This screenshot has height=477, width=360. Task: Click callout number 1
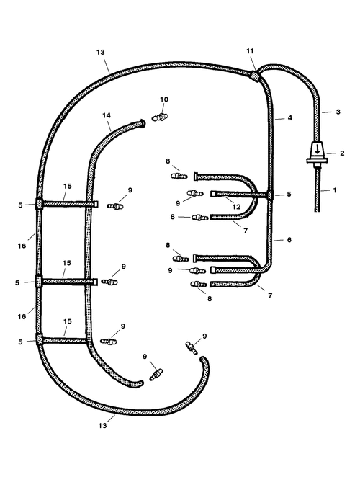point(335,190)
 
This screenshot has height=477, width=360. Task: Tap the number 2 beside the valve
point(342,153)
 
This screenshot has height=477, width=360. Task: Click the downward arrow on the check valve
point(317,150)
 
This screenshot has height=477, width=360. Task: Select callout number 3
point(338,112)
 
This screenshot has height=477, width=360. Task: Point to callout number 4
point(289,117)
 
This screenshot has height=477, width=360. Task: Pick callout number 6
point(289,240)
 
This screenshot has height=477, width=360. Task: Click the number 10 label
point(164,99)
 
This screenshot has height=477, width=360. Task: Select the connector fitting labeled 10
point(160,117)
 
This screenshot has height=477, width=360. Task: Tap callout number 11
point(250,51)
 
